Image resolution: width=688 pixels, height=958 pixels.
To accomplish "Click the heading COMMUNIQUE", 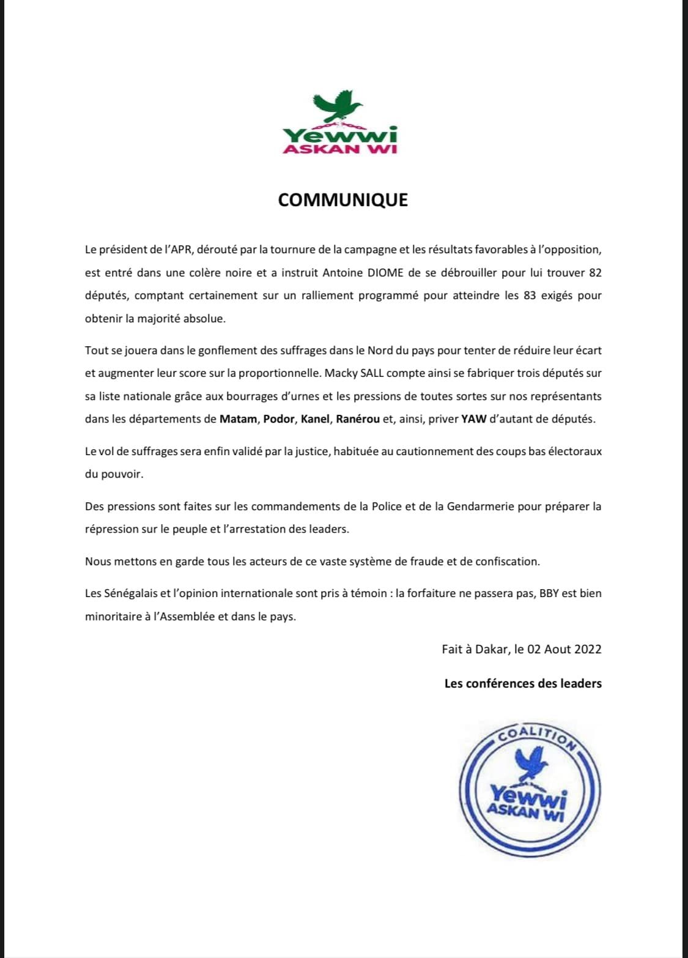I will pyautogui.click(x=343, y=200).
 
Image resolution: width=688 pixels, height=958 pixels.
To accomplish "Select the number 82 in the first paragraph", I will pyautogui.click(x=595, y=272).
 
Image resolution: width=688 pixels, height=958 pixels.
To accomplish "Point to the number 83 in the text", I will pyautogui.click(x=530, y=295).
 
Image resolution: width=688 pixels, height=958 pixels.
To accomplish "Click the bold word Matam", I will pyautogui.click(x=238, y=419).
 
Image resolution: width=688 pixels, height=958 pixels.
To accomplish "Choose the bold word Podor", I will pyautogui.click(x=279, y=419).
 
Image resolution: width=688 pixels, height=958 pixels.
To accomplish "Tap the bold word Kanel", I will pyautogui.click(x=316, y=419).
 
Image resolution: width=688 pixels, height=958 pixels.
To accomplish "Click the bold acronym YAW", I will pyautogui.click(x=474, y=419).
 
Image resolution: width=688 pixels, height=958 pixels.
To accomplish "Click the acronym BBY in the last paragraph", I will pyautogui.click(x=549, y=593).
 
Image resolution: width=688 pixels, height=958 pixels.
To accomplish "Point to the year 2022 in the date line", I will pyautogui.click(x=588, y=649).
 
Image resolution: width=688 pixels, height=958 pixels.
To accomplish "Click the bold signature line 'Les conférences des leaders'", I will pyautogui.click(x=523, y=683).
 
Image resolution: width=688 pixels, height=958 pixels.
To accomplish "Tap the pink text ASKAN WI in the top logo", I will pyautogui.click(x=340, y=149).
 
